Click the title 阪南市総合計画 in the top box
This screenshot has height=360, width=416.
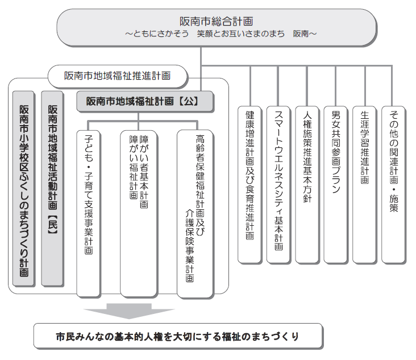(216, 22)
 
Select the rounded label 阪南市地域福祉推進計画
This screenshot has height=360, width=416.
(118, 76)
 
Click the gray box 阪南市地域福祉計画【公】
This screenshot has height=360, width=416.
(145, 101)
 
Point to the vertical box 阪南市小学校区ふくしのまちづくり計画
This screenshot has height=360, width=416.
(24, 189)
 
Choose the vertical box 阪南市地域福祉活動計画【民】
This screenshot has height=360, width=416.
(52, 189)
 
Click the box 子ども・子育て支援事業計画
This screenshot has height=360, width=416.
(89, 213)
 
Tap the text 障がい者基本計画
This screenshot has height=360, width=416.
(144, 172)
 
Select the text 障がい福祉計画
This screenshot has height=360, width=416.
(134, 167)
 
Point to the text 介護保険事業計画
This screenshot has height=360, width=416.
(190, 245)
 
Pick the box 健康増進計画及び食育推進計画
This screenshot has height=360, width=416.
(249, 185)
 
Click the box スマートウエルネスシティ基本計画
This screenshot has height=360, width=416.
(278, 185)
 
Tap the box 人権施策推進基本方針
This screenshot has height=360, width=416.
(307, 185)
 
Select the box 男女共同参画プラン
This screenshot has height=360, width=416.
(336, 185)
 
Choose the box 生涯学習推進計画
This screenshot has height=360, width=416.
(365, 185)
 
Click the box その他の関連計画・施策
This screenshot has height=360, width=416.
(394, 185)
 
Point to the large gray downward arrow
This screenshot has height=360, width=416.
(129, 311)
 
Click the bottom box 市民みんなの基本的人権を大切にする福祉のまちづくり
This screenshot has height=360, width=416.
(178, 336)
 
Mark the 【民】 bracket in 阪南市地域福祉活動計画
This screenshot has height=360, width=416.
(52, 225)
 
